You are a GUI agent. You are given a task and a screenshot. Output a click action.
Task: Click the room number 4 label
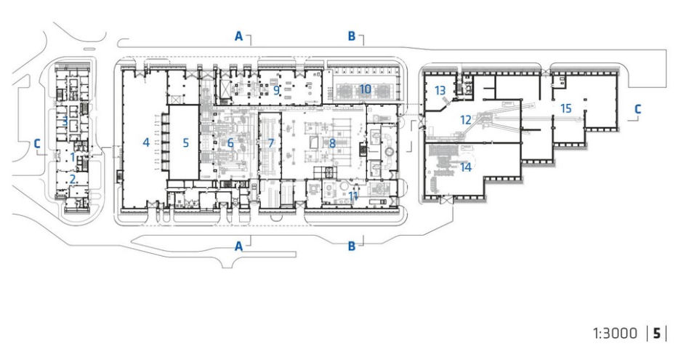click(146, 143)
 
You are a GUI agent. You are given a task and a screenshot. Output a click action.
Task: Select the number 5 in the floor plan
click(186, 143)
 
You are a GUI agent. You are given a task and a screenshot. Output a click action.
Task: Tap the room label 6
click(230, 143)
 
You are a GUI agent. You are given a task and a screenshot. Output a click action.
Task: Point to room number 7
click(270, 143)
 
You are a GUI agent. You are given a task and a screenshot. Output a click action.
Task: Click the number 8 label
click(332, 143)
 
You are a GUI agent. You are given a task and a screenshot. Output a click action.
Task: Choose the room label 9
click(276, 90)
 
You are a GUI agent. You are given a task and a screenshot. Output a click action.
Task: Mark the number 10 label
click(365, 89)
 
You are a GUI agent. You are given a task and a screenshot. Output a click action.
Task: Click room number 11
click(353, 196)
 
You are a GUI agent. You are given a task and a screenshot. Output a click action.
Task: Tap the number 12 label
click(466, 119)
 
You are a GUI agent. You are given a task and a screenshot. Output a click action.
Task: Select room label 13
click(440, 91)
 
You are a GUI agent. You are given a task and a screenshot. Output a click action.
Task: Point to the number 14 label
click(466, 167)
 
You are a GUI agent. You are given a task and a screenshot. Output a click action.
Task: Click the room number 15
click(566, 108)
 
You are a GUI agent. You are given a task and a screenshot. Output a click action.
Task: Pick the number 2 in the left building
click(73, 179)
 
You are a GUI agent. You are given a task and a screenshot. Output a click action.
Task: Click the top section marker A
click(238, 36)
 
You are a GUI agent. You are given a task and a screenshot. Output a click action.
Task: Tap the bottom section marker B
click(352, 246)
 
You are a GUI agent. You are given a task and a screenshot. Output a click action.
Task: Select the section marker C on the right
click(637, 109)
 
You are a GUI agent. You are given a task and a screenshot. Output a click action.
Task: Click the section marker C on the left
click(37, 144)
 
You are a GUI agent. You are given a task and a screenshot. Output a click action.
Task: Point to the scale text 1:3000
click(615, 334)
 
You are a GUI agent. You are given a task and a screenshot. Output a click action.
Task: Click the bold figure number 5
click(656, 334)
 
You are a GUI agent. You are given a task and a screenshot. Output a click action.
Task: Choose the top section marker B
click(352, 36)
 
